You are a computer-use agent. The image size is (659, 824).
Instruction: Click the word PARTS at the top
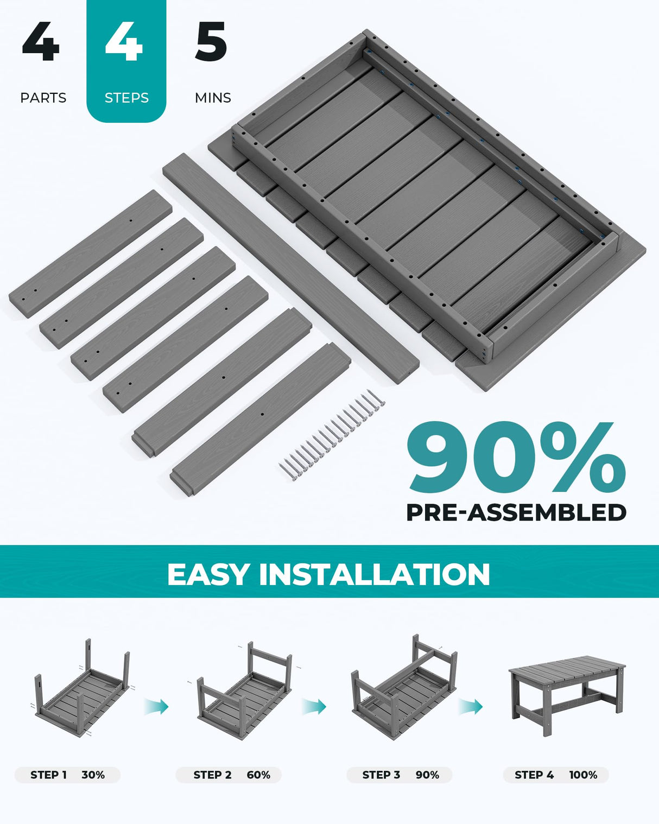coord(43,98)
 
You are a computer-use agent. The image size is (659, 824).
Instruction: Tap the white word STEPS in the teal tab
coord(126,98)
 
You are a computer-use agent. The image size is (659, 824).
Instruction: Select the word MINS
coord(213,98)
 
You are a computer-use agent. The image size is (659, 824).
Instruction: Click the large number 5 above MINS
coord(211,42)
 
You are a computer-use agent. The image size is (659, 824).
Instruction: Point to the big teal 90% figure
coord(516,457)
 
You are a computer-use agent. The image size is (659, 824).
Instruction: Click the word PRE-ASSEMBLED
coord(516,512)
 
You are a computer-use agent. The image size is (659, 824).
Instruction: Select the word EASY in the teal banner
coord(208,574)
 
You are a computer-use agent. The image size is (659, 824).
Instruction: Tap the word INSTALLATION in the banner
coord(375,574)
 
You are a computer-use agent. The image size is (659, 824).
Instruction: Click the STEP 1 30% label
coord(67,775)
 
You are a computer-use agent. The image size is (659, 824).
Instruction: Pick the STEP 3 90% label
coord(400,775)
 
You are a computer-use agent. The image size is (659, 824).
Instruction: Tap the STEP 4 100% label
coord(555,775)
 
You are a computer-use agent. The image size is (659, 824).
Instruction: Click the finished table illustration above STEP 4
coord(566,694)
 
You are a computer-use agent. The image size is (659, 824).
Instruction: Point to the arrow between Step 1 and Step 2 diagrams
coord(157,706)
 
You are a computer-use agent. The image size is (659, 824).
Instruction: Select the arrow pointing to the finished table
coord(471,706)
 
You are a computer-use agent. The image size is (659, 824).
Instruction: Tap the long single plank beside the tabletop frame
coord(290,269)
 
